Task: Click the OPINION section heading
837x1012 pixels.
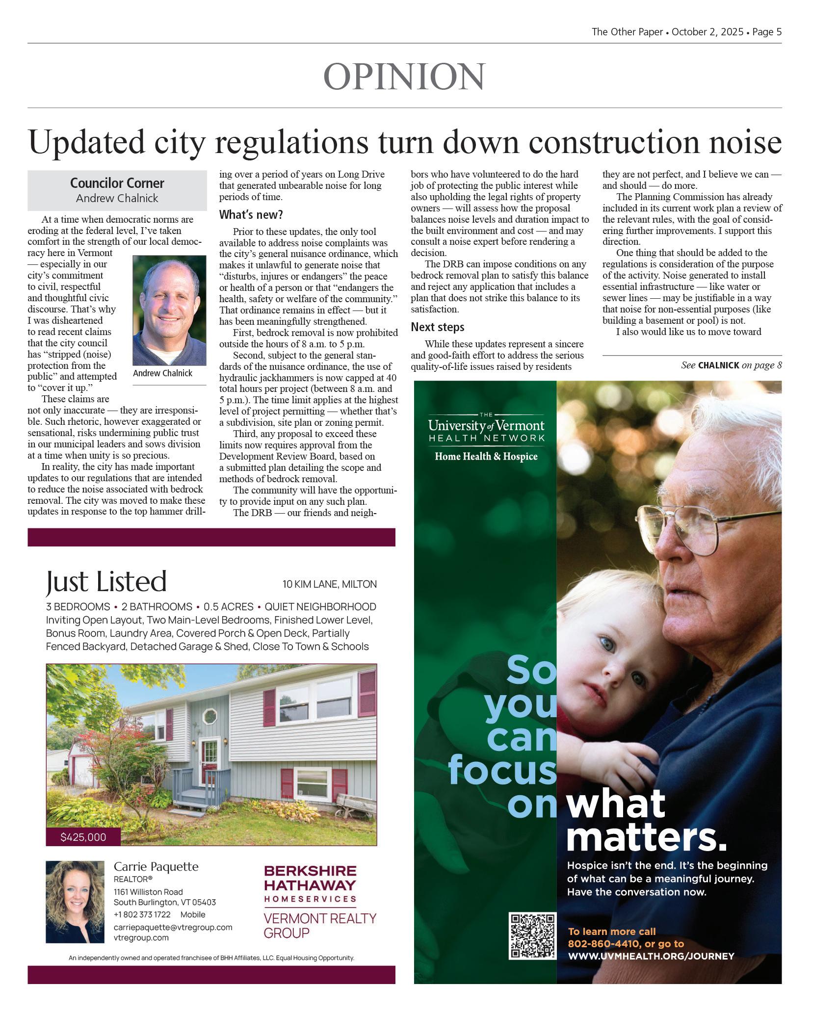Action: [404, 77]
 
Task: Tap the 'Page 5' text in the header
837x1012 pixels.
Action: [766, 32]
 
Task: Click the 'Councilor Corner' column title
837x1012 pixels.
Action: [117, 183]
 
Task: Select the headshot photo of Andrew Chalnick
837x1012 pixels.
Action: [169, 310]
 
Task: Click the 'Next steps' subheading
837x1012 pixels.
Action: [437, 327]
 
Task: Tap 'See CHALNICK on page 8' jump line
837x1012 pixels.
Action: [731, 365]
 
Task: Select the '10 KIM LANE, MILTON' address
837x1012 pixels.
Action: [329, 584]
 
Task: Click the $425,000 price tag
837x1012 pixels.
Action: [83, 837]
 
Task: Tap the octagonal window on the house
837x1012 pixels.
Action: [210, 716]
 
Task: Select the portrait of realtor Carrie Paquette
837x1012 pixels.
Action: [75, 902]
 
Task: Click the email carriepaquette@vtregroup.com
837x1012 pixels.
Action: [173, 927]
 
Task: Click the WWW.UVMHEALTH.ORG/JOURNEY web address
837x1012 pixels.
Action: [651, 956]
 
